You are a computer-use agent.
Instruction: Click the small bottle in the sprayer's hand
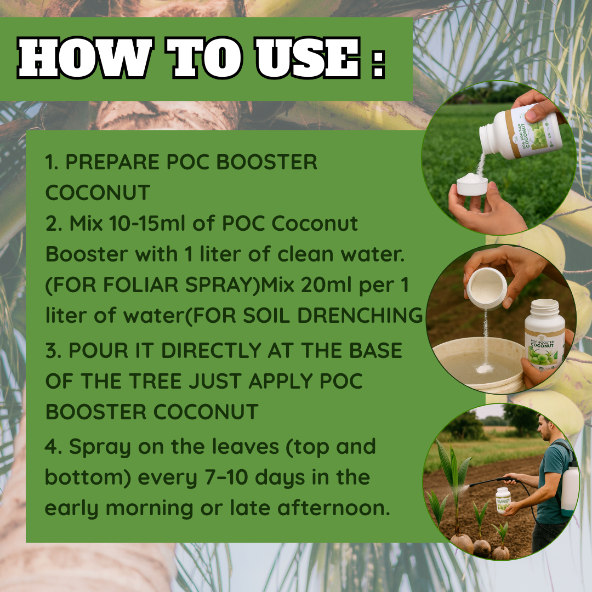tap(503, 500)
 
